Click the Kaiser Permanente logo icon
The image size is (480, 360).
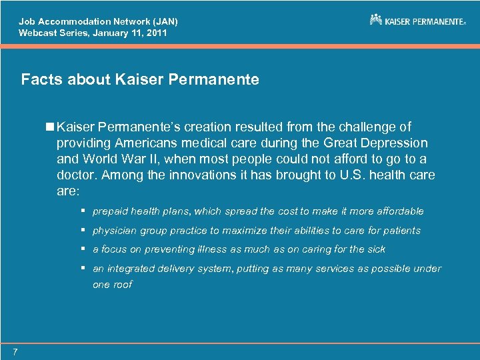[376, 19]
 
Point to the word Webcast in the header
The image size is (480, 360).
[38, 32]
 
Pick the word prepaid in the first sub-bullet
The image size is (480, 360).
[111, 211]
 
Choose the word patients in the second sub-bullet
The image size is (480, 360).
[401, 230]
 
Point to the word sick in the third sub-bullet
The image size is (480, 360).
[375, 249]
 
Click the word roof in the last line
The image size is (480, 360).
[122, 284]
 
